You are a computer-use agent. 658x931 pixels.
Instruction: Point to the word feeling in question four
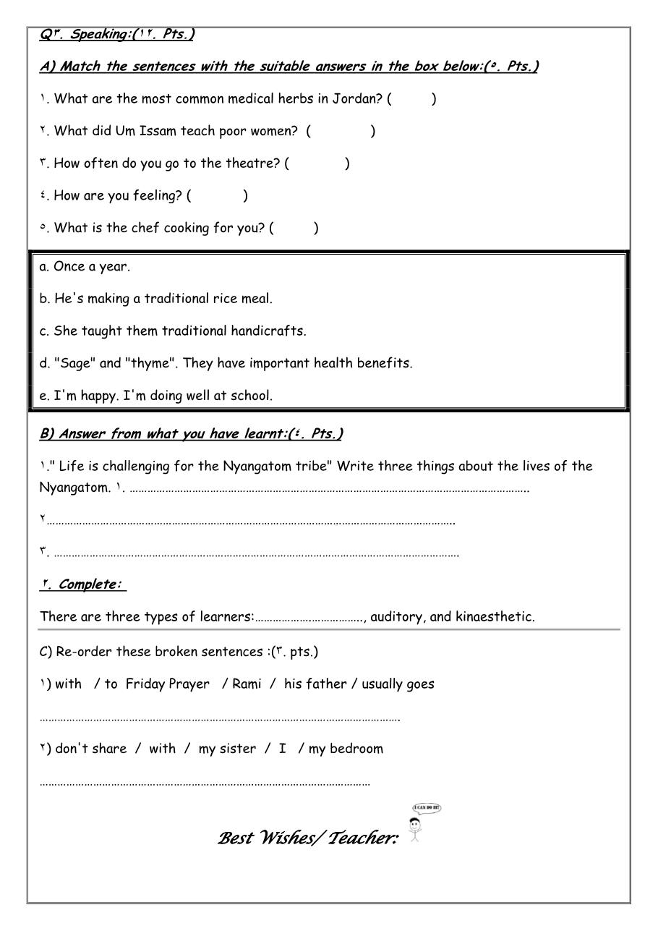coord(156,196)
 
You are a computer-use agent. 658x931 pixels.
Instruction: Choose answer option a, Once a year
coord(85,266)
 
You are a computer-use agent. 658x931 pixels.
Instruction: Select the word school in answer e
coord(251,396)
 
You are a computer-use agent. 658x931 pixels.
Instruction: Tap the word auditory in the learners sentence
coord(398,617)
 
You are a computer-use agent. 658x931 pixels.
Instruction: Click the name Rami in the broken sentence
coord(247,684)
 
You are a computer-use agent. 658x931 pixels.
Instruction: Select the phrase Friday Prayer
coord(168,684)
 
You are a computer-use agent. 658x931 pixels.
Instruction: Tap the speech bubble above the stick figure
coord(427,808)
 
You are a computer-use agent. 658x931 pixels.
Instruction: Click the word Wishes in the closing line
coord(286,839)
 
